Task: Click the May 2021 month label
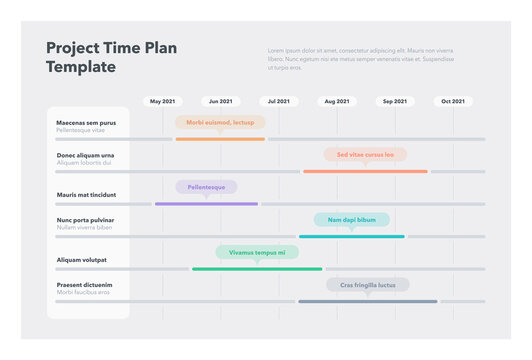162,101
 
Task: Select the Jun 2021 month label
220,101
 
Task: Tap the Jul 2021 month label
278,101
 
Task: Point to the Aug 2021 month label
337,101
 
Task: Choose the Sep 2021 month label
395,101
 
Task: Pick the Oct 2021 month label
453,101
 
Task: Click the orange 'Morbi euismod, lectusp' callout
220,122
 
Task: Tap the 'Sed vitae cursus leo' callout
365,155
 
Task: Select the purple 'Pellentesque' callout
206,187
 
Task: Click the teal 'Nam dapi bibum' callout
351,220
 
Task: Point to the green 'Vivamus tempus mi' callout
257,253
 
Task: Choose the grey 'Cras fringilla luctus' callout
367,285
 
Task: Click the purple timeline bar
206,204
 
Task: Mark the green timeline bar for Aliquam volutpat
257,269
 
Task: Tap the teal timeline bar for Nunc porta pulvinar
351,237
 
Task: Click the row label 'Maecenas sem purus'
86,123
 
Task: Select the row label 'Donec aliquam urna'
85,155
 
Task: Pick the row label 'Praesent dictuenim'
84,285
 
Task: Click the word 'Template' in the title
81,67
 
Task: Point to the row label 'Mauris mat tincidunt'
86,195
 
